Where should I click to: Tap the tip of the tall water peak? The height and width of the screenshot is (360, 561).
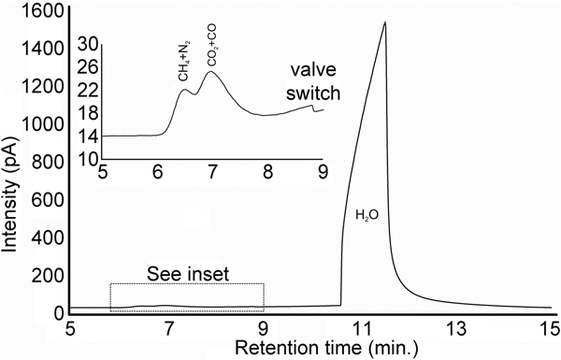(x=384, y=22)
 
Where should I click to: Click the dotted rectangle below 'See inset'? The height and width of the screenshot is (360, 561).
(x=187, y=296)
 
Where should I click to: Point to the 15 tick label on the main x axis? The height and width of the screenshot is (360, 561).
(x=549, y=329)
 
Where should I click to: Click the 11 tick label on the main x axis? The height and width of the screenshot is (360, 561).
(x=359, y=329)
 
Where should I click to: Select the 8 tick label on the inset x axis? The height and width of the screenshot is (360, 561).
(x=268, y=172)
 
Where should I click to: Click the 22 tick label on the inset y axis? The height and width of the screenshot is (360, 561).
(x=89, y=90)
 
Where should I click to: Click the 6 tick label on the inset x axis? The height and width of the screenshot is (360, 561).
(x=158, y=172)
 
